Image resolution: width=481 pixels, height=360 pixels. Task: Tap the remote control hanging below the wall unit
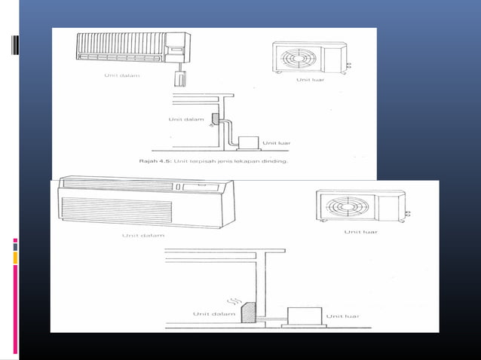pyautogui.click(x=180, y=76)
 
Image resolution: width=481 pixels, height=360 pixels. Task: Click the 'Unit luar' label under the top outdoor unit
pyautogui.click(x=310, y=79)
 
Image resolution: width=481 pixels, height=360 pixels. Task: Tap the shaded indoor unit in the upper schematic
pyautogui.click(x=215, y=118)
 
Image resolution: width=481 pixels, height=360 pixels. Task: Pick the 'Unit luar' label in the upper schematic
pyautogui.click(x=276, y=142)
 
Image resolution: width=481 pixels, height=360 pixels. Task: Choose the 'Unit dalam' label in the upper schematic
pyautogui.click(x=183, y=118)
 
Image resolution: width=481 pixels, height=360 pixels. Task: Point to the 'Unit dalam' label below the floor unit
pyautogui.click(x=143, y=235)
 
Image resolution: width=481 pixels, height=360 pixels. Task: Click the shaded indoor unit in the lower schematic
pyautogui.click(x=248, y=312)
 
